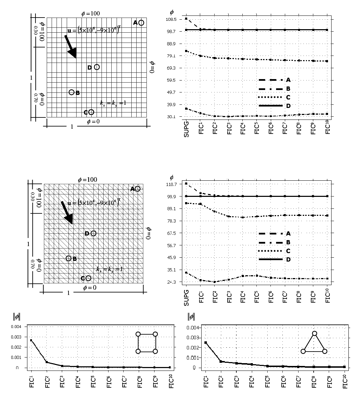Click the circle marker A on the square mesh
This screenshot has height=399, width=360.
coord(141,22)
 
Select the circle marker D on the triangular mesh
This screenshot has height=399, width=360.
coord(93,233)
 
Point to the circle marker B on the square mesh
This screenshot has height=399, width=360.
coord(71,92)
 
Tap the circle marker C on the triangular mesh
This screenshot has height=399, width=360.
coord(89,278)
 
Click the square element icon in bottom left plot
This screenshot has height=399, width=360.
coord(146,342)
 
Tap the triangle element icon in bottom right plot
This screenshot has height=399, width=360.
coord(314,343)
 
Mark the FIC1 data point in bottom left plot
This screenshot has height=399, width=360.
coord(31,340)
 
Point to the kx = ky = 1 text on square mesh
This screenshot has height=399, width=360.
coord(113,103)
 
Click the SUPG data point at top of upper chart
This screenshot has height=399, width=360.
coord(186,19)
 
